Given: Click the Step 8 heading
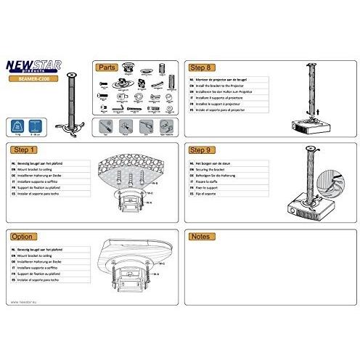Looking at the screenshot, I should point(200,67).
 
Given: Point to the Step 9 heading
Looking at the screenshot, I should point(200,150).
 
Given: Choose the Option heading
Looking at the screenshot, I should point(24,237).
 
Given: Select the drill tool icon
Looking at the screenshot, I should point(146,126).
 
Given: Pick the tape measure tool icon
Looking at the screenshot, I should point(165,126).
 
